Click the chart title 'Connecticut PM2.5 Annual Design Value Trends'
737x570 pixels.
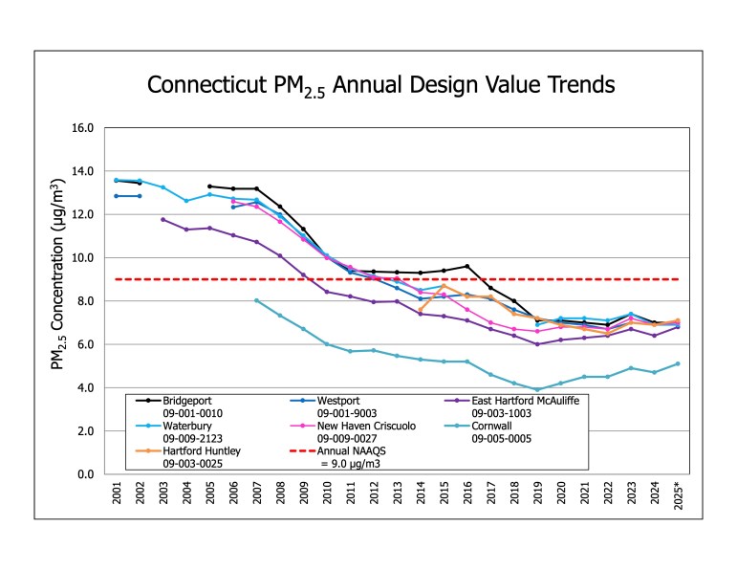(x=380, y=85)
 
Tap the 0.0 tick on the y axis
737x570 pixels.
(x=84, y=474)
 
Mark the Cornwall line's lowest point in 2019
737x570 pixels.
(x=537, y=390)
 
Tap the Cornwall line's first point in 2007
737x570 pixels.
(x=256, y=300)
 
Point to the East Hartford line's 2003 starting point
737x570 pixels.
(x=163, y=220)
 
